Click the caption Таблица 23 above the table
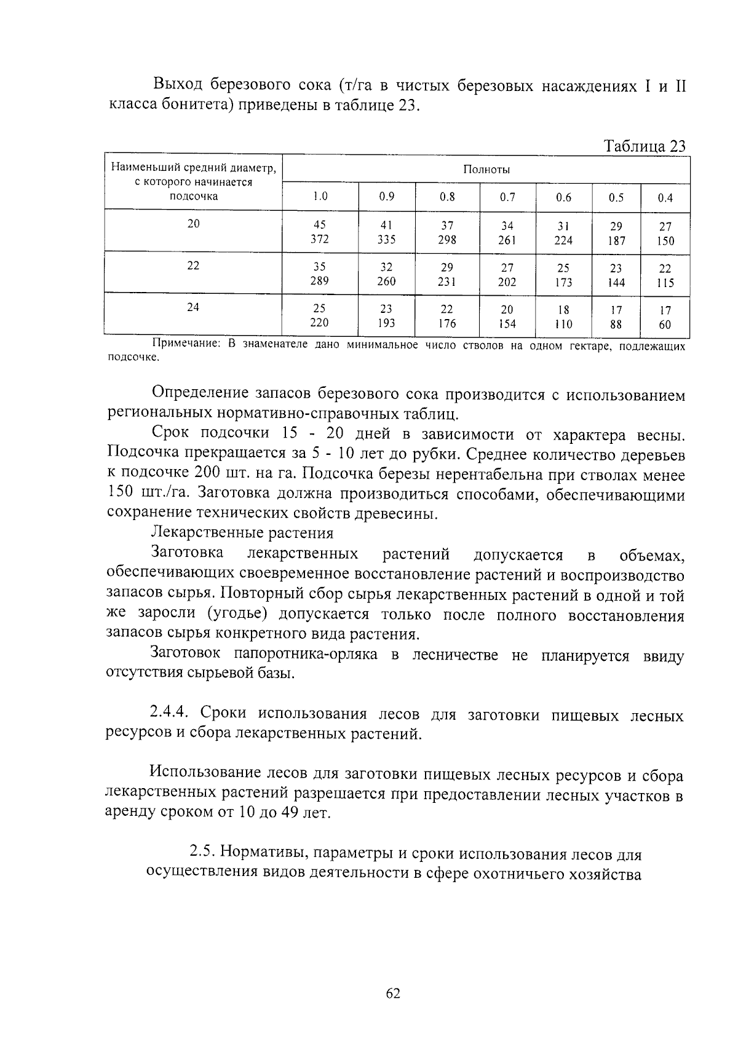pos(644,146)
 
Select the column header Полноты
pos(486,170)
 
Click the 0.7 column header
pos(507,197)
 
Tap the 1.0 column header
pos(319,197)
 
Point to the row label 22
pos(193,266)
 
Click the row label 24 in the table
pos(193,307)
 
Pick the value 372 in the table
pos(319,239)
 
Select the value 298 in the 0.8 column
pos(447,240)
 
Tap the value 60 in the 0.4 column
pos(665,325)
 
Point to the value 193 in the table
pos(386,323)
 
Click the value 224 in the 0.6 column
pos(563,240)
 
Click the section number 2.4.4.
pos(172,712)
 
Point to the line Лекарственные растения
pos(242,532)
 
